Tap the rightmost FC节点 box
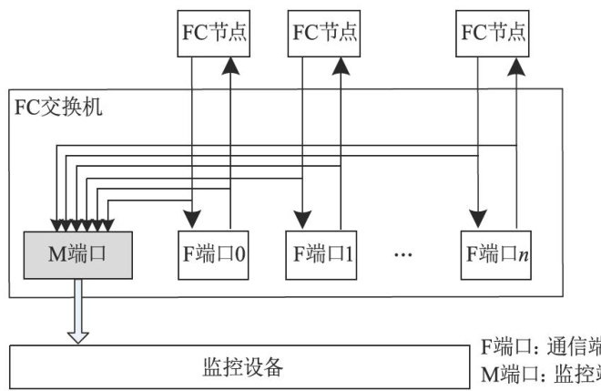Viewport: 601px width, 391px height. point(494,33)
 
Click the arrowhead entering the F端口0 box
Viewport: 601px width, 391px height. point(192,220)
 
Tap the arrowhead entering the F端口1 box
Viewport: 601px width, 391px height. point(300,220)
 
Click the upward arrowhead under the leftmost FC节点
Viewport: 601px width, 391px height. point(232,67)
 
